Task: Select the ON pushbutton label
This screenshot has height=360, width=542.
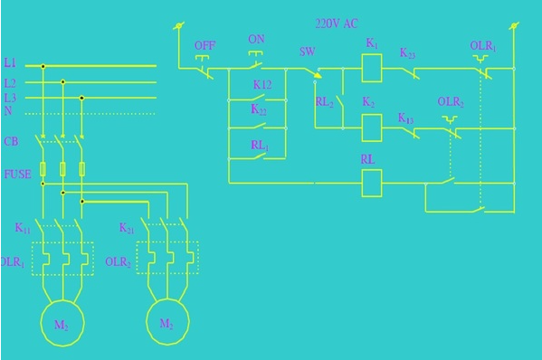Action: coord(257,41)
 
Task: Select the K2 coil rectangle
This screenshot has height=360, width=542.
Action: coord(372,128)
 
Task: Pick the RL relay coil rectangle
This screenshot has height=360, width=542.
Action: coord(372,182)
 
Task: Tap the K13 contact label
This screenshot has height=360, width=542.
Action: coord(406,118)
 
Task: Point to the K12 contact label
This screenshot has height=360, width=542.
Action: coord(261,84)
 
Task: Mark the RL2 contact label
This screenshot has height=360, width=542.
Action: coord(324,102)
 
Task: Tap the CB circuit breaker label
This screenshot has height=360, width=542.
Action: coord(11,142)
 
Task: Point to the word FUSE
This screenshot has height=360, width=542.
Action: coord(17,173)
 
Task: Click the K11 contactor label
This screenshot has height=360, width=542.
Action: coord(23,229)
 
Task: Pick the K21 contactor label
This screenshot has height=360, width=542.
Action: coord(127,229)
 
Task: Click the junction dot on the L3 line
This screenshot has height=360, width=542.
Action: coord(82,98)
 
